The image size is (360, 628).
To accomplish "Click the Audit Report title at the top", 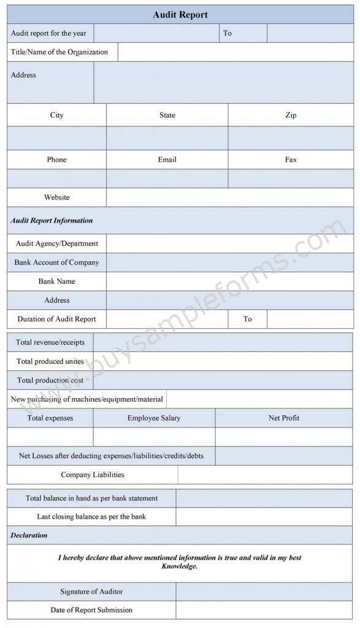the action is click(x=180, y=15).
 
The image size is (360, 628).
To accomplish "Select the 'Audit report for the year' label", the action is click(x=48, y=33).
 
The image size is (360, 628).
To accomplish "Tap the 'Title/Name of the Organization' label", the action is click(x=59, y=52).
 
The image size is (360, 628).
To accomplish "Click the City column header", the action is click(x=56, y=115).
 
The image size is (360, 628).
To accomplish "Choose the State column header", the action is click(x=167, y=115).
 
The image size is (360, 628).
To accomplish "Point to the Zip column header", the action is click(x=291, y=115).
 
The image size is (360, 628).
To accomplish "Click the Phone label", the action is click(x=56, y=159).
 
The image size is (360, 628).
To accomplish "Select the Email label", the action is click(x=167, y=159).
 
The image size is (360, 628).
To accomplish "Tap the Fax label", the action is click(x=291, y=159).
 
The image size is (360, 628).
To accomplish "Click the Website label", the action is click(x=56, y=197).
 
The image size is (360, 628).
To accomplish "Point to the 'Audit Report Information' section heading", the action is click(x=52, y=220).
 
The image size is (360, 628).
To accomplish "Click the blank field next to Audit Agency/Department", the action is click(x=229, y=243).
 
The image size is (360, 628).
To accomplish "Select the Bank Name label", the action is click(x=56, y=281).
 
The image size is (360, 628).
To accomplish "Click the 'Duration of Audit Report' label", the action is click(x=56, y=319).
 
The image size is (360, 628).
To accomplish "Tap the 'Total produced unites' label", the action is click(x=50, y=361).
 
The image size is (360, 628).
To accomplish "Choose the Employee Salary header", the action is click(x=154, y=418).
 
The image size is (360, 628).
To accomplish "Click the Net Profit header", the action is click(x=283, y=418).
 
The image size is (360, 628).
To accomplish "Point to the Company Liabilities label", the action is click(x=93, y=475).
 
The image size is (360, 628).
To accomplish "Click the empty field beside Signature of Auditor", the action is click(x=264, y=592).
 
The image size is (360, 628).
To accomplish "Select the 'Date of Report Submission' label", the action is click(x=91, y=610).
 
